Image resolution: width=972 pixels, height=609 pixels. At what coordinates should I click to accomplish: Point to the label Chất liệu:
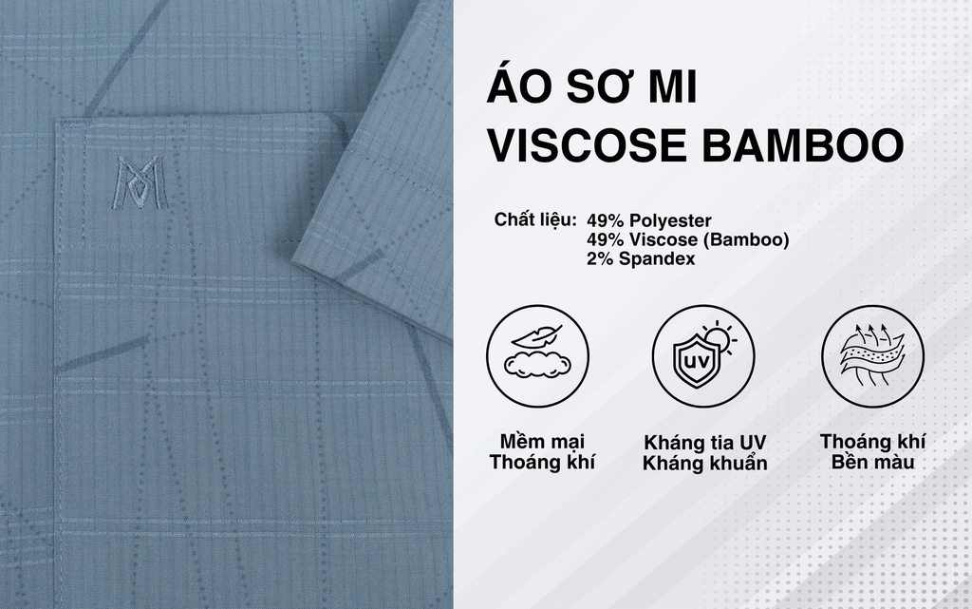(x=535, y=219)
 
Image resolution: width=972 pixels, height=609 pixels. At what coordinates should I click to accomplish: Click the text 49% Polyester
(x=649, y=220)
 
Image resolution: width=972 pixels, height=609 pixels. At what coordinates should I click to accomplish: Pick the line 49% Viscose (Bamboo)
(x=688, y=239)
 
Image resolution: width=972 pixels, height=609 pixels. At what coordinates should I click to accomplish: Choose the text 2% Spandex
(x=641, y=258)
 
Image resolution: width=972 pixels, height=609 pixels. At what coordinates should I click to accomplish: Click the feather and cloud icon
(x=537, y=356)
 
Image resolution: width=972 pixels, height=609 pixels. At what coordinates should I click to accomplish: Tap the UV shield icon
(x=703, y=356)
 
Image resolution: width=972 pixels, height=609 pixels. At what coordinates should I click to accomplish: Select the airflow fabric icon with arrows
(x=873, y=356)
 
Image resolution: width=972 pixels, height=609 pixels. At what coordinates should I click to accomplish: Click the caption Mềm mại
(x=542, y=442)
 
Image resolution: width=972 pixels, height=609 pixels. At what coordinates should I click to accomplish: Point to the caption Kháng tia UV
(x=705, y=443)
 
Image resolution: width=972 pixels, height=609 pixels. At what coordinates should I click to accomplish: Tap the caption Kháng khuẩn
(x=705, y=464)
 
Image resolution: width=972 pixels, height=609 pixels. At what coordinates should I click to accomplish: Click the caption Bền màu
(x=873, y=463)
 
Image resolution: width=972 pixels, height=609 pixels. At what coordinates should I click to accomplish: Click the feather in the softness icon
(x=537, y=336)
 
